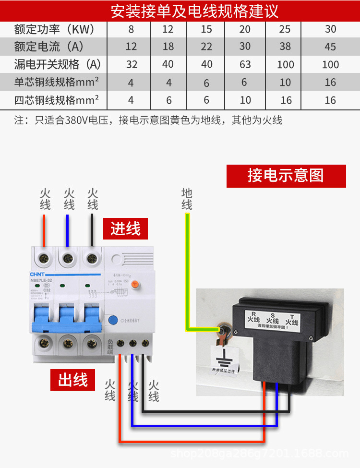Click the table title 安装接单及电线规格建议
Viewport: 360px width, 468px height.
coord(194,11)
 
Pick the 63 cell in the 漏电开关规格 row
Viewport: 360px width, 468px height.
coord(245,64)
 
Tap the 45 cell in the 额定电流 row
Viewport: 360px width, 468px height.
coord(330,47)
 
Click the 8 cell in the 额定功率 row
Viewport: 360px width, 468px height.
coord(131,29)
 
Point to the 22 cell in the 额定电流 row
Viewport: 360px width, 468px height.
coord(206,47)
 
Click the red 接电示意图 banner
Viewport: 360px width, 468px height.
coord(286,176)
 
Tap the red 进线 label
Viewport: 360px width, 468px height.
coord(126,228)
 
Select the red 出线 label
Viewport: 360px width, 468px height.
coord(73,380)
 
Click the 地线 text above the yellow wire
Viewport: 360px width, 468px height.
coord(187,199)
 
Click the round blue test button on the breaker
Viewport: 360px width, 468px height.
coord(114,320)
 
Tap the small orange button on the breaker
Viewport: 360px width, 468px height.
coord(135,285)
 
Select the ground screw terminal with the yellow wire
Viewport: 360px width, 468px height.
coord(223,331)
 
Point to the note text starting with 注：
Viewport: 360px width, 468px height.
coord(148,120)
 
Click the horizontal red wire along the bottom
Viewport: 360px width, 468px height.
coord(192,441)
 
